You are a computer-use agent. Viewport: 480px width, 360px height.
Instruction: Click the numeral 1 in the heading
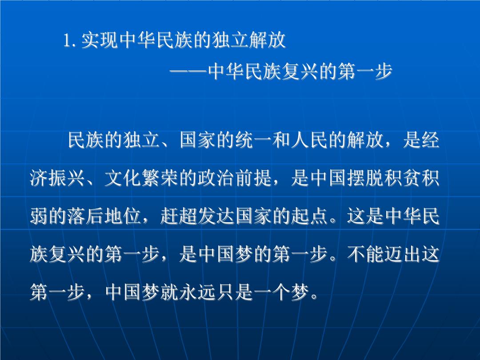(x=66, y=40)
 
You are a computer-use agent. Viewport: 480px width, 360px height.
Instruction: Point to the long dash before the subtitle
(x=188, y=72)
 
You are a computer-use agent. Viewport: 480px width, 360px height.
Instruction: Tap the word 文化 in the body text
(x=123, y=178)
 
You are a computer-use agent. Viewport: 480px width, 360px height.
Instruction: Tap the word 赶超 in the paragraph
(x=179, y=216)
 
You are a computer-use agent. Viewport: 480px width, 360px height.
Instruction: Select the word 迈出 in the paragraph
(x=403, y=254)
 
